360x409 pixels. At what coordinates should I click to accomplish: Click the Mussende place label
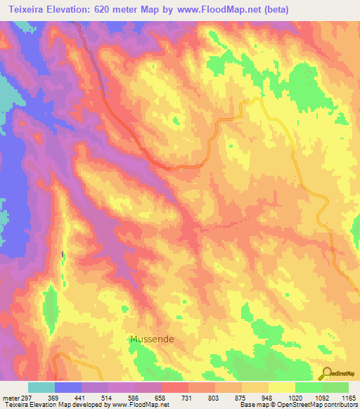coord(152,339)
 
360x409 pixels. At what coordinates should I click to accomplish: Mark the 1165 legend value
coord(347,398)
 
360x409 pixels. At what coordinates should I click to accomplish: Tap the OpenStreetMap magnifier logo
coord(328,373)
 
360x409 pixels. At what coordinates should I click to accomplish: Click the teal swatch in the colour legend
coord(41,387)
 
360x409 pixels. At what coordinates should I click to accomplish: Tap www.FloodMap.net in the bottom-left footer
coord(134,405)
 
